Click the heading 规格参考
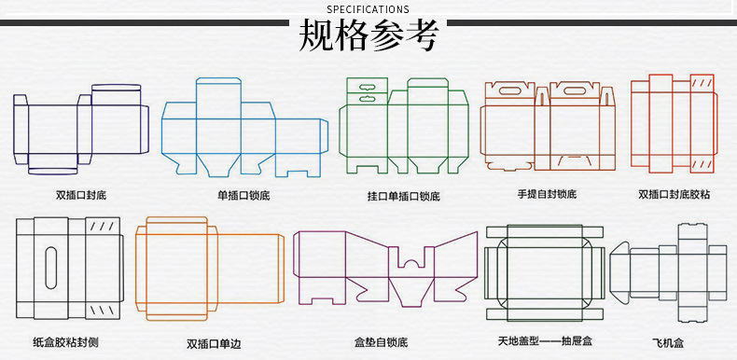(368, 35)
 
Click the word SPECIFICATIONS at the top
(368, 9)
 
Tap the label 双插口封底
(80, 195)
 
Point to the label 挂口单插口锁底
(403, 197)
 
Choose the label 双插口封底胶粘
(674, 195)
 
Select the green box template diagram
(403, 126)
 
